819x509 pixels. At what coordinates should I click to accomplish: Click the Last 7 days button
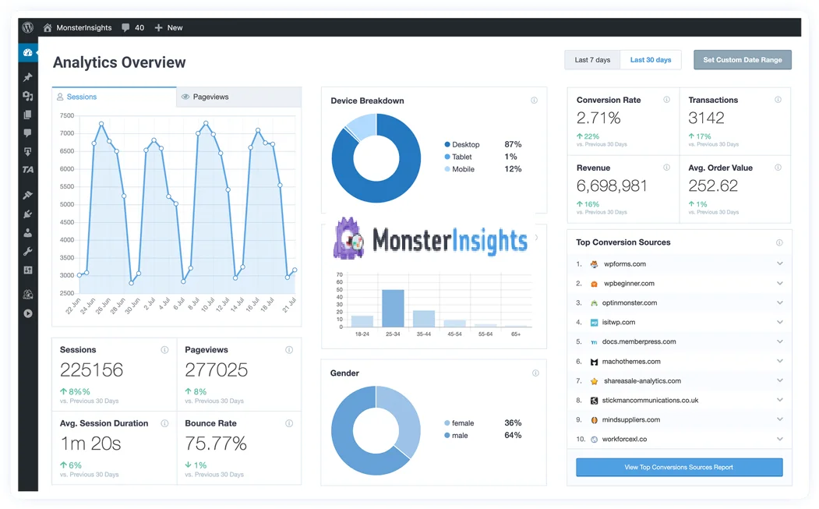[x=592, y=60]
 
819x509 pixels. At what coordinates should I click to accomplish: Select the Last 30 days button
[x=651, y=60]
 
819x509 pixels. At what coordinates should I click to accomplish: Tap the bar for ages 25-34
[x=393, y=308]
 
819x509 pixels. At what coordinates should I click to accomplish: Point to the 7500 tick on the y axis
[x=67, y=115]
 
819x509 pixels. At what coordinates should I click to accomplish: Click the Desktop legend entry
[x=465, y=145]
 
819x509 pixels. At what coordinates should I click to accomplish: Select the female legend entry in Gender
[x=462, y=423]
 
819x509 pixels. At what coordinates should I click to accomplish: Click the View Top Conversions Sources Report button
[x=679, y=468]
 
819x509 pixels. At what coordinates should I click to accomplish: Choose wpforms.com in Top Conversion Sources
[x=624, y=264]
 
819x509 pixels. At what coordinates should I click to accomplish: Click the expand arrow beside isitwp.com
[x=779, y=322]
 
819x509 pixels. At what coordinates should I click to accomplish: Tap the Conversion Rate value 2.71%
[x=598, y=118]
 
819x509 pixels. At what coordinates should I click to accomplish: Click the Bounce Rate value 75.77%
[x=216, y=444]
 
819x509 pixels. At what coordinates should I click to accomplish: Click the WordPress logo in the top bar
[x=28, y=27]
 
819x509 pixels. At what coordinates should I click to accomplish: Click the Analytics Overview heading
[x=119, y=63]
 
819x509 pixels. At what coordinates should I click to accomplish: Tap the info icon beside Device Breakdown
[x=534, y=101]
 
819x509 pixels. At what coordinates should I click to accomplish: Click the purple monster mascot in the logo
[x=348, y=239]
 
